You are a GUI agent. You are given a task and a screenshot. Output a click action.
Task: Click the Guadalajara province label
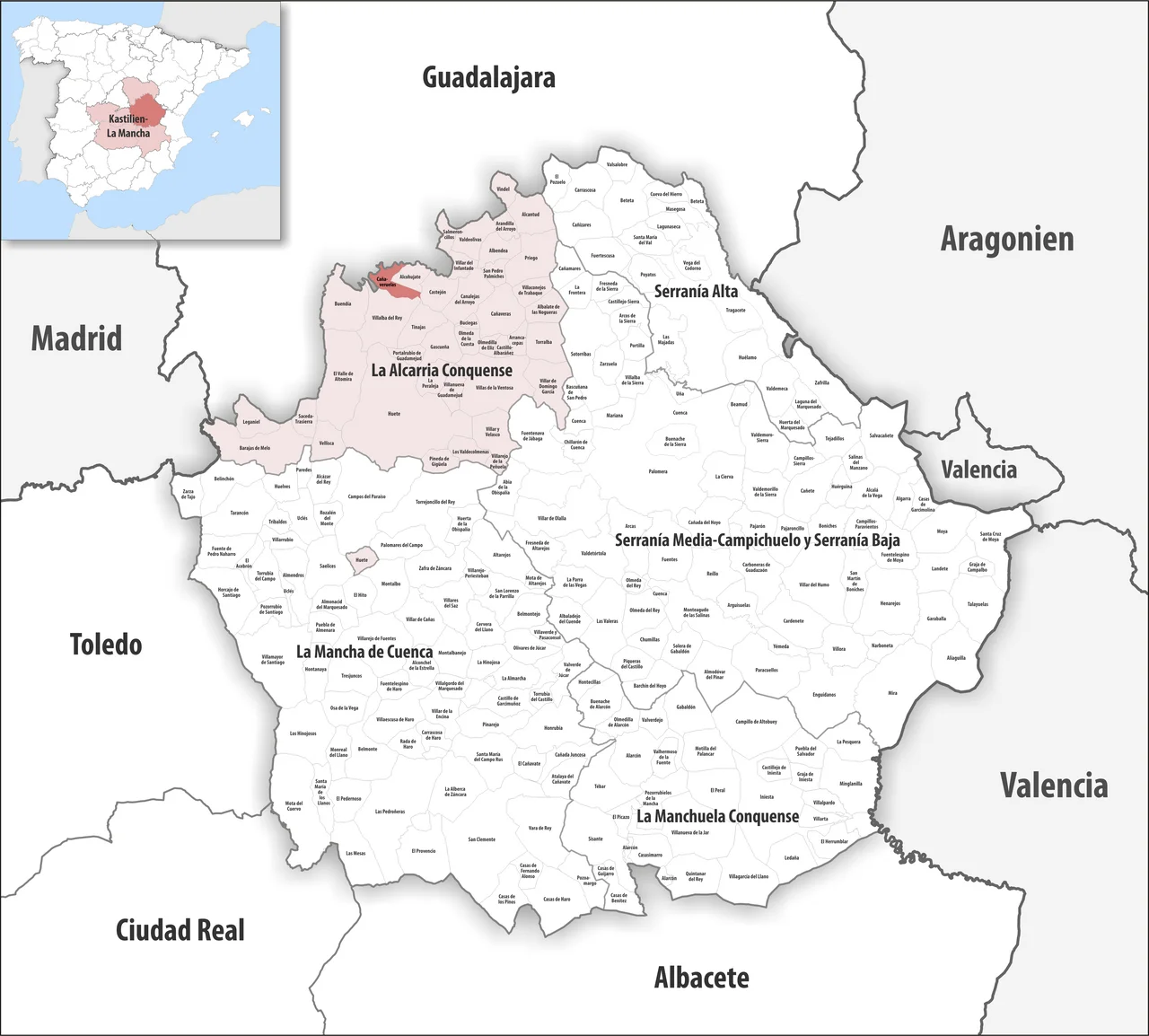click(488, 78)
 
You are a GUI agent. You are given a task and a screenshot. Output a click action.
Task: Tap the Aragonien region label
click(1006, 240)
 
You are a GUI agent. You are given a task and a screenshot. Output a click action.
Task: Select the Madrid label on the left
click(76, 338)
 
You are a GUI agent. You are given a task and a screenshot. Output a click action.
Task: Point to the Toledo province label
click(106, 645)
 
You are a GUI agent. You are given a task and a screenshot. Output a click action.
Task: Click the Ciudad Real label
click(180, 930)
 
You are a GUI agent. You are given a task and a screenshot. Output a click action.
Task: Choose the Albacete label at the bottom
click(701, 978)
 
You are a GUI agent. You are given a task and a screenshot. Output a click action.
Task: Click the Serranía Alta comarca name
click(696, 292)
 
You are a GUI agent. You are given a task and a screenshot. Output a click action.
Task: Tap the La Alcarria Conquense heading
click(442, 371)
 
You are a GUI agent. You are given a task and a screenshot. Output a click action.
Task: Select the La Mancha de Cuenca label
click(364, 653)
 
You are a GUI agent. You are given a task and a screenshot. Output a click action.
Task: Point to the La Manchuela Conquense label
click(717, 817)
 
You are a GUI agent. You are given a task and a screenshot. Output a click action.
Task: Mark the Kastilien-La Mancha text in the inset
click(128, 126)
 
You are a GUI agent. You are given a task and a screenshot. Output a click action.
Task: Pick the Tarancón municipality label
click(239, 513)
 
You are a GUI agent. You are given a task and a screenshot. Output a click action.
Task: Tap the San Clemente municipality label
click(481, 839)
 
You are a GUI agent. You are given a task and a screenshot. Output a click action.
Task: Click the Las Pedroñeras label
click(390, 812)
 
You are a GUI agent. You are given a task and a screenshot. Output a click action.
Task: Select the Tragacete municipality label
click(735, 311)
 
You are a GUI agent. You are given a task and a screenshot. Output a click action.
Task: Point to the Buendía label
click(342, 304)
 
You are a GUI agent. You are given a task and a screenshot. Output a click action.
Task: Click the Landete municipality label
click(939, 568)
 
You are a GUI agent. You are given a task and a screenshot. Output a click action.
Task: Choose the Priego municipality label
click(531, 258)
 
